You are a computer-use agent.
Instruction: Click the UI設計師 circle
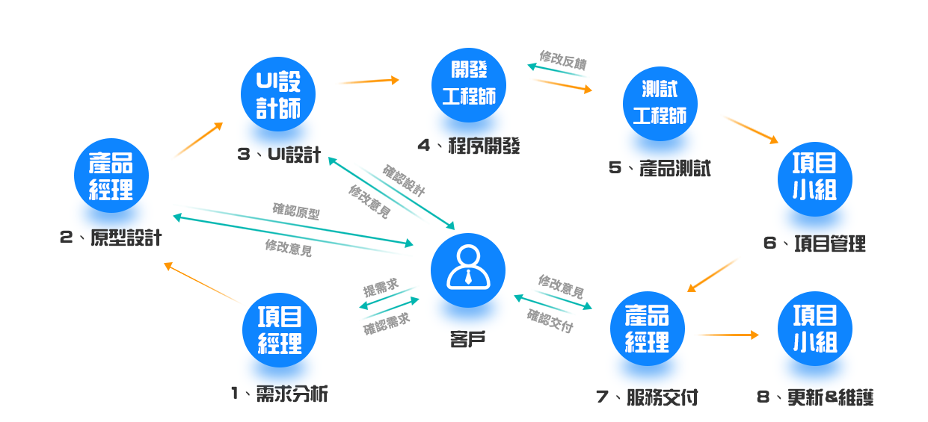click(278, 95)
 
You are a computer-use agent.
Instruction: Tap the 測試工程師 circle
click(660, 104)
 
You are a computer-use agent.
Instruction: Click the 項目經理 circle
click(280, 330)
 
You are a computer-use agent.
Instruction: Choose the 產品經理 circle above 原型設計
click(111, 176)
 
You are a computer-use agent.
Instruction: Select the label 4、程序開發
click(469, 145)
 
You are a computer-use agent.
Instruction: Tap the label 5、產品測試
click(660, 167)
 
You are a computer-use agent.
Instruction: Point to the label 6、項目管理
click(814, 243)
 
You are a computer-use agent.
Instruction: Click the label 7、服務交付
click(648, 397)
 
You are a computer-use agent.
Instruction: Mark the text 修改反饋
click(562, 60)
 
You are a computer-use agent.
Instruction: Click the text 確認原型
click(296, 211)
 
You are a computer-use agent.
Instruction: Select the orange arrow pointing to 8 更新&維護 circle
click(728, 335)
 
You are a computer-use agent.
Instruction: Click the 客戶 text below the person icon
click(468, 340)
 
